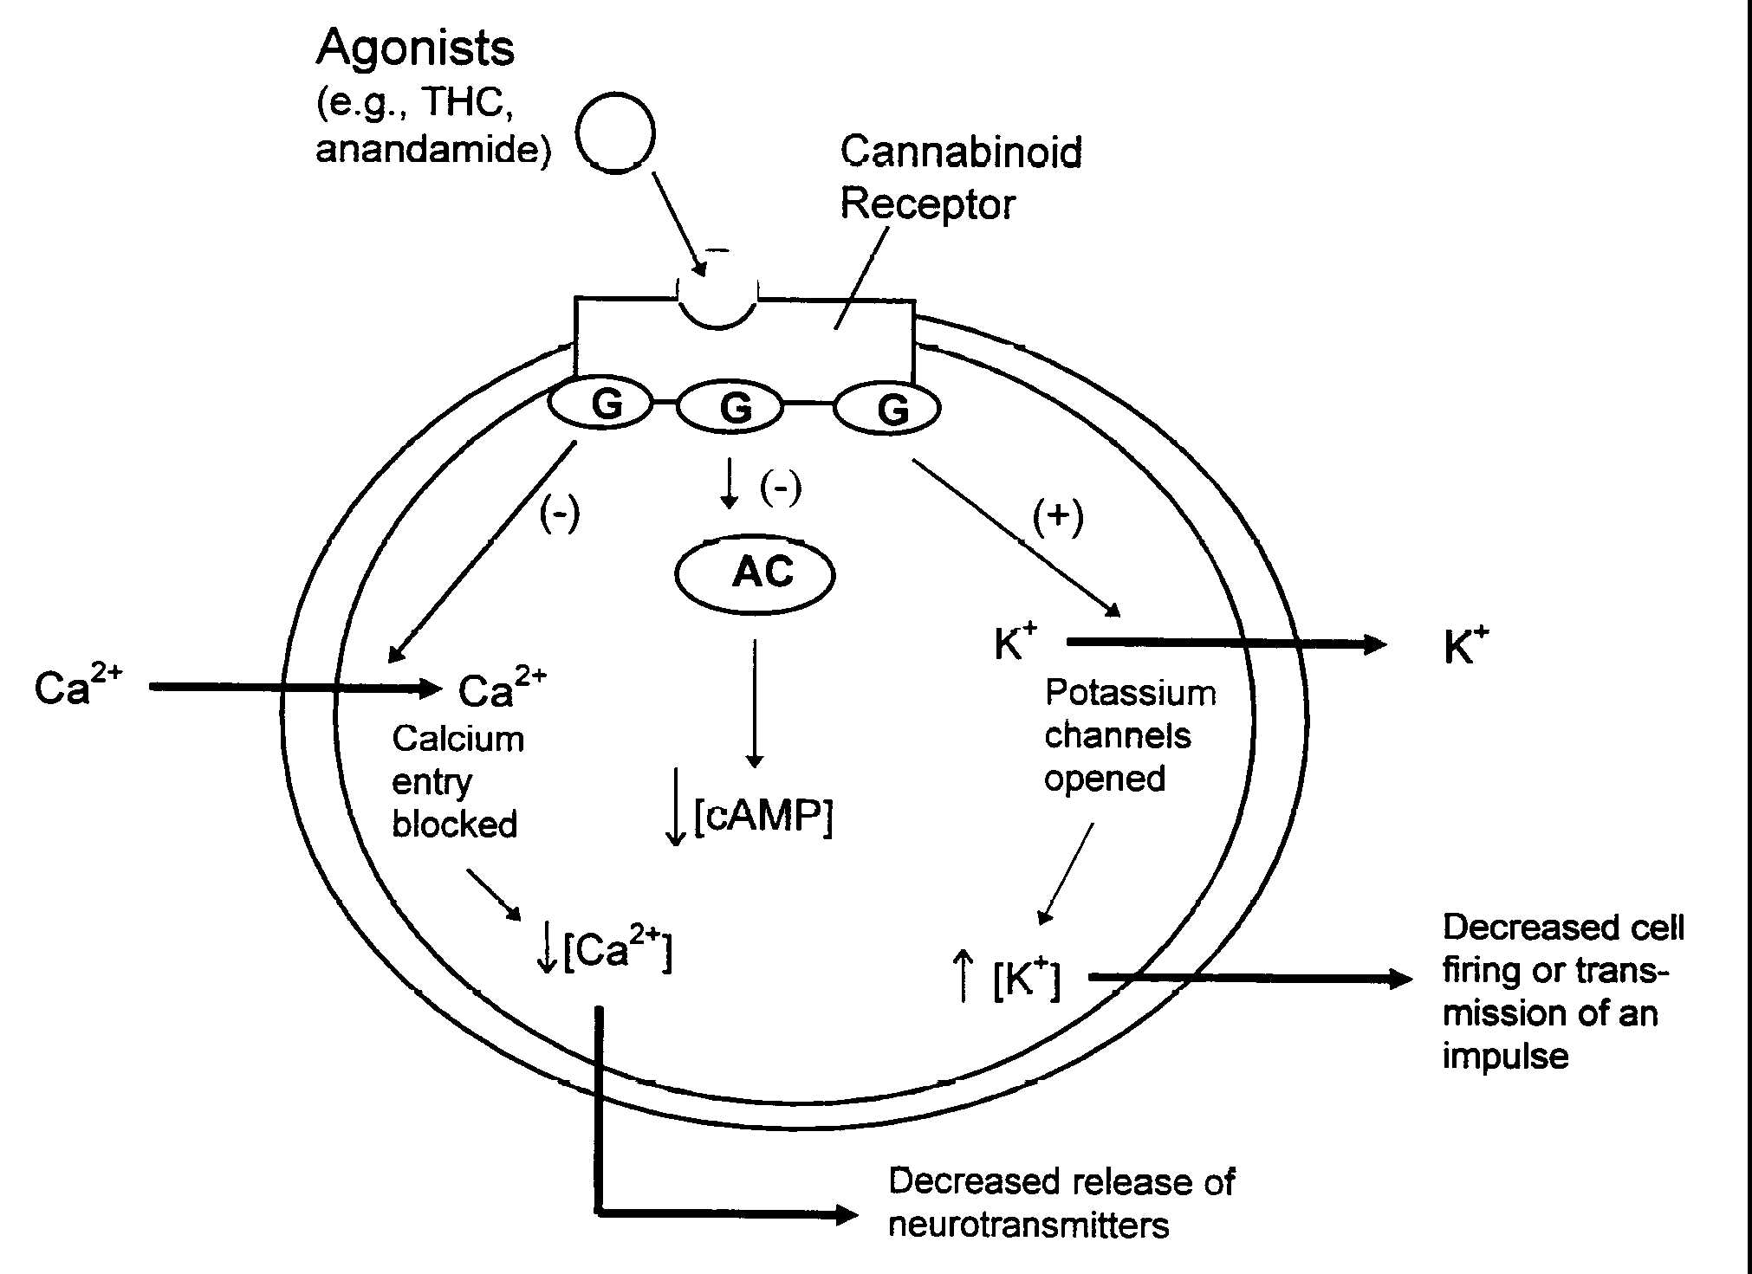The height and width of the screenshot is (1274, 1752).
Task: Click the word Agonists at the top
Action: [x=415, y=49]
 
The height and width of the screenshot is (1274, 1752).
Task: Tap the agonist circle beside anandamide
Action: [x=615, y=134]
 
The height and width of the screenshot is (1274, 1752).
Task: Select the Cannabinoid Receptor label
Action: [x=960, y=178]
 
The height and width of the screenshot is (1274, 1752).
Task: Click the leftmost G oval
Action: [x=601, y=405]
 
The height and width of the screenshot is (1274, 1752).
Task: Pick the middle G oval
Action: [x=730, y=407]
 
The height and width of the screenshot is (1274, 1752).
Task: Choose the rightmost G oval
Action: [x=886, y=409]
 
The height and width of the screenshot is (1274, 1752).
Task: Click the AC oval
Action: [x=755, y=573]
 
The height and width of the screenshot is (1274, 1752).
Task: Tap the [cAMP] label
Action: [x=762, y=816]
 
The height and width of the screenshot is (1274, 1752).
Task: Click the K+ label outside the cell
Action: [x=1465, y=645]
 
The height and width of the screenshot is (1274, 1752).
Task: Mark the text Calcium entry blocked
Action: [x=457, y=782]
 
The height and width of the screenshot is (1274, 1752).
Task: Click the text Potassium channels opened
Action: [x=1128, y=735]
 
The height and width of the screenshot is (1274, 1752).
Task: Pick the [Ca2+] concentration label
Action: [x=615, y=951]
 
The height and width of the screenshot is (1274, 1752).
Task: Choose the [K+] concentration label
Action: [x=1025, y=980]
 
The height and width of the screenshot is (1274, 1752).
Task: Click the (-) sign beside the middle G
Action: [x=781, y=488]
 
